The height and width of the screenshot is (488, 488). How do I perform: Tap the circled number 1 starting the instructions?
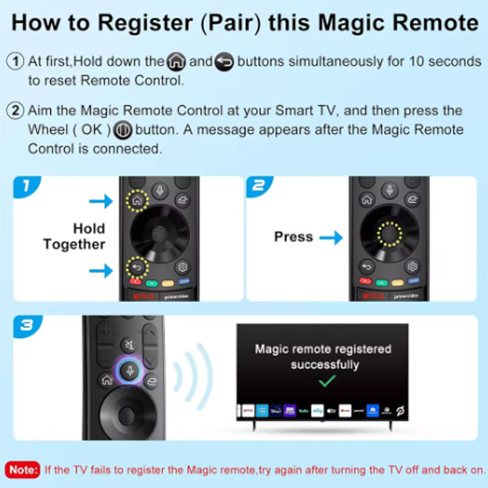tap(15, 62)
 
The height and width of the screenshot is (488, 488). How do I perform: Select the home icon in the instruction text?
tap(176, 62)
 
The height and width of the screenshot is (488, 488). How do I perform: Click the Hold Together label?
tap(74, 237)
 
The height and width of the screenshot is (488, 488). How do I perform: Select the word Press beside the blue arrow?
tap(293, 237)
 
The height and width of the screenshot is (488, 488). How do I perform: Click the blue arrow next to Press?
tap(331, 237)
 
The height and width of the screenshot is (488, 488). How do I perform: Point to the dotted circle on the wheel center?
tap(389, 232)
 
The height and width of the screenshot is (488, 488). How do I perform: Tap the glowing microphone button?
tap(128, 370)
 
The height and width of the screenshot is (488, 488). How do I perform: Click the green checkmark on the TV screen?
tap(328, 382)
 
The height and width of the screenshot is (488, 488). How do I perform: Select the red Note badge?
tap(23, 470)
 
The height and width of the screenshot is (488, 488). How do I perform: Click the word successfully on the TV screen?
tap(325, 365)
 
